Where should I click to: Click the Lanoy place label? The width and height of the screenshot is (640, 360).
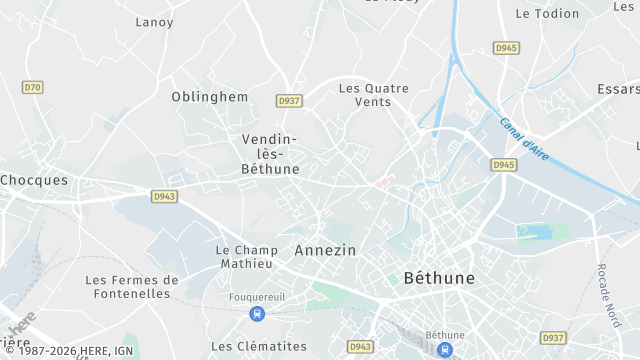[154, 22]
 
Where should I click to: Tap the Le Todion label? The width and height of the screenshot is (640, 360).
[547, 14]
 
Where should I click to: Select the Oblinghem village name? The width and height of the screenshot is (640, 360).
[210, 96]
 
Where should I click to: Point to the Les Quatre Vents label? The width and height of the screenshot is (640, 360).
[373, 95]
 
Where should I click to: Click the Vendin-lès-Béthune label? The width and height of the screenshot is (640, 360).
[270, 154]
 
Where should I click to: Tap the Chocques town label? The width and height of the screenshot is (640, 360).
[34, 181]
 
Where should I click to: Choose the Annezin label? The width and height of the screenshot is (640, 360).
[325, 250]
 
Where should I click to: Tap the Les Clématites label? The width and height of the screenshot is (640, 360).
[259, 346]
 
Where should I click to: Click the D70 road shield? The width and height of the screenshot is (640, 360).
[33, 87]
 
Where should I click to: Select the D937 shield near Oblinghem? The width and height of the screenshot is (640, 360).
[289, 101]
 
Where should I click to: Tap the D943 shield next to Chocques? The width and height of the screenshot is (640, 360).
[164, 196]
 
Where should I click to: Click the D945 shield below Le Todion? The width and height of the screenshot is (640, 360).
[506, 48]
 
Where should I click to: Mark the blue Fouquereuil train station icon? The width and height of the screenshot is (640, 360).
[258, 314]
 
